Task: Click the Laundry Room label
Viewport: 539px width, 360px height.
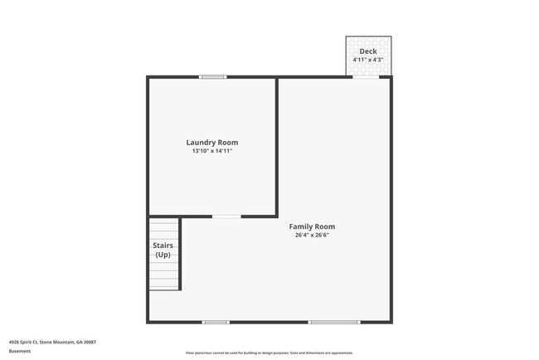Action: (x=212, y=143)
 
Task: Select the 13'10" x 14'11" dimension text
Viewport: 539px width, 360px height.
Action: (x=212, y=152)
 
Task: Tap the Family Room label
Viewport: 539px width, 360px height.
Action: (x=312, y=226)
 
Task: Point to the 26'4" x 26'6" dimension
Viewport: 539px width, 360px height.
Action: (x=312, y=236)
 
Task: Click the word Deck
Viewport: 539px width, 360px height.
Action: (x=368, y=51)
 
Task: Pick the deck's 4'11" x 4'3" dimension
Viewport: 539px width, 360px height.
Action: (x=368, y=60)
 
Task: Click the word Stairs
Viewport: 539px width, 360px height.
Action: (x=163, y=246)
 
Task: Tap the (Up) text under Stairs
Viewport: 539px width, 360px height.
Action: (x=163, y=255)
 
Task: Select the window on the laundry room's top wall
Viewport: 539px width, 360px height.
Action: (x=212, y=77)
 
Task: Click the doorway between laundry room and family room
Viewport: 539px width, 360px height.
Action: (x=226, y=216)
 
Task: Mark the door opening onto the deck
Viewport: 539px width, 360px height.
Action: (x=366, y=77)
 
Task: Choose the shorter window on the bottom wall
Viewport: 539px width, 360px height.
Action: (x=216, y=322)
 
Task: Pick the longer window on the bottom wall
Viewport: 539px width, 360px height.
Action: (x=333, y=322)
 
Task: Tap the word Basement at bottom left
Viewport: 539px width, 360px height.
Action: (x=19, y=351)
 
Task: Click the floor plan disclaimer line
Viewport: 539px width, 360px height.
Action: (x=269, y=352)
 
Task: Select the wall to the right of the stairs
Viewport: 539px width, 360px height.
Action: (x=180, y=253)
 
